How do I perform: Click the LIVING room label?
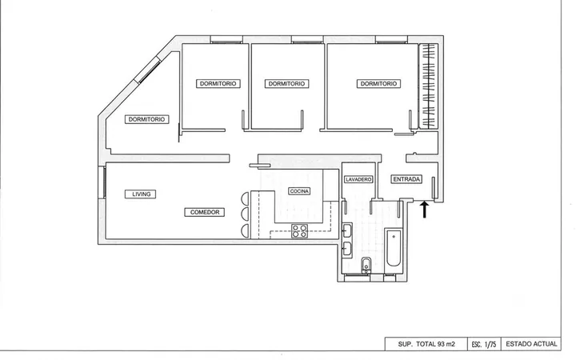[x=140, y=194]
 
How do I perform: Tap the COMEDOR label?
[x=204, y=212]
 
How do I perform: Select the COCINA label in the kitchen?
[x=299, y=191]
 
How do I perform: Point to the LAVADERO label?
[x=358, y=179]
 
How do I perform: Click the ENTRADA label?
[x=406, y=179]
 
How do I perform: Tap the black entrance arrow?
[x=425, y=209]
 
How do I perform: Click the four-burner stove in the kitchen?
[x=299, y=231]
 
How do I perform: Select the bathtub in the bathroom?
[x=394, y=248]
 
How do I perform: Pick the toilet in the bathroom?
[x=366, y=266]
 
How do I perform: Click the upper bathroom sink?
[x=347, y=231]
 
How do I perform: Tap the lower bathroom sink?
[x=347, y=250]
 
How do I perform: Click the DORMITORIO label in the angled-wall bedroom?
[x=147, y=119]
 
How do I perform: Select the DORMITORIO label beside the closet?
[x=378, y=84]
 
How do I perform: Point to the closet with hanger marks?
[x=429, y=86]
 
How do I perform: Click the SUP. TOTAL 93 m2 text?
[x=426, y=344]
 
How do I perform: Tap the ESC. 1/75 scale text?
[x=484, y=345]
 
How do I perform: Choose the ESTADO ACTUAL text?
[x=531, y=344]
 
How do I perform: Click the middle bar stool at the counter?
[x=245, y=214]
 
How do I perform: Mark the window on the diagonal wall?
[x=148, y=70]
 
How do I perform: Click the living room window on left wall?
[x=102, y=182]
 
